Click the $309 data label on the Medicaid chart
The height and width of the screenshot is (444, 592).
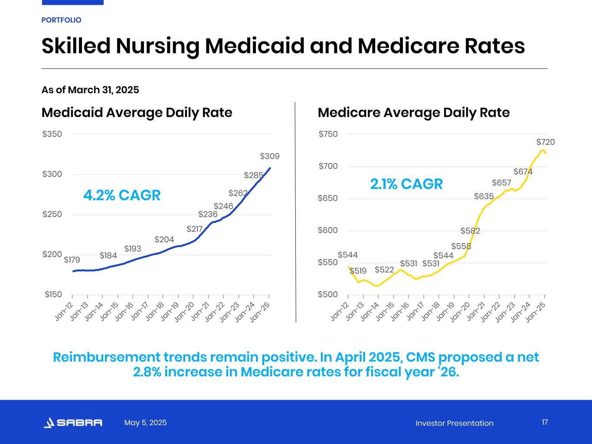[269, 156]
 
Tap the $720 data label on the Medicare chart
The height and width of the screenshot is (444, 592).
[545, 142]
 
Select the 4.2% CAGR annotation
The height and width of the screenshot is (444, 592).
[122, 196]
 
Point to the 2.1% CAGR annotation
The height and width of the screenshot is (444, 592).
[406, 184]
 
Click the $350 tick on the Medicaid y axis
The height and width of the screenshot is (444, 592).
[52, 134]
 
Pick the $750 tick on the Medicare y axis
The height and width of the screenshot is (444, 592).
[328, 134]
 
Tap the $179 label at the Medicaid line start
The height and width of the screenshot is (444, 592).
[72, 260]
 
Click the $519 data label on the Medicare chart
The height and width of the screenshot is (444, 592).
[358, 271]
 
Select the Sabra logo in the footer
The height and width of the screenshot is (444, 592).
[73, 423]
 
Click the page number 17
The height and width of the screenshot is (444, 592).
[545, 422]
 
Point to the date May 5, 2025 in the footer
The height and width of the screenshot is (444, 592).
[145, 423]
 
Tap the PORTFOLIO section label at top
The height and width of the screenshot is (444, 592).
[61, 20]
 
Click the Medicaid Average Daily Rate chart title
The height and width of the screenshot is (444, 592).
[137, 113]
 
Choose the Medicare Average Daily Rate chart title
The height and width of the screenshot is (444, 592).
[413, 113]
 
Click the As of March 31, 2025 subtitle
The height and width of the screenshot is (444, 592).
[90, 90]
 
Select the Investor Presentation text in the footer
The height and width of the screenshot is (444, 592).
[454, 423]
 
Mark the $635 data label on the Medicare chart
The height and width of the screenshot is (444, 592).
[484, 196]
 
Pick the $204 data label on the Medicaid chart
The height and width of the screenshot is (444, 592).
[164, 240]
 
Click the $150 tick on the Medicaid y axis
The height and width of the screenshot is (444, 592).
[53, 295]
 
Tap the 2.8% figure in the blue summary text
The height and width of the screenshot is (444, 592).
[148, 372]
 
